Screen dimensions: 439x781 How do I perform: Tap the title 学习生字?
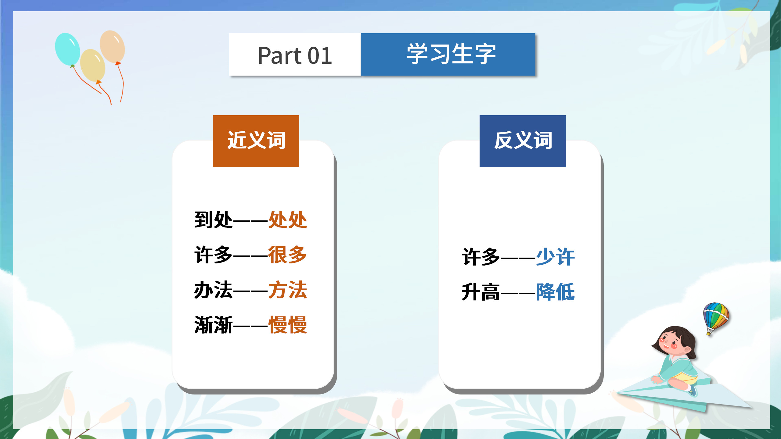451,54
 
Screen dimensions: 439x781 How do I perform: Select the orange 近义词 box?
256,141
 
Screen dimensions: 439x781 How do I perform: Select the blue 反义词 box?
523,141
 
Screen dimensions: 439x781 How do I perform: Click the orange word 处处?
287,220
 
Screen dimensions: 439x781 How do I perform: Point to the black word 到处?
214,220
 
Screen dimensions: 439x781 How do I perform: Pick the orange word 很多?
287,255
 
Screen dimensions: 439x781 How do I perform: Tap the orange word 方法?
287,290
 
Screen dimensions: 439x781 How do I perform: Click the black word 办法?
214,290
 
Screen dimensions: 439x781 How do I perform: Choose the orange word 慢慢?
287,325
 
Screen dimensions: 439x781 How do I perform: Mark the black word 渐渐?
214,325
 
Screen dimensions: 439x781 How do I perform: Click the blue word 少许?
555,257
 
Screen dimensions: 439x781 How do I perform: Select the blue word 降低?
555,292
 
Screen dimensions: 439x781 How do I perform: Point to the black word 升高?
481,292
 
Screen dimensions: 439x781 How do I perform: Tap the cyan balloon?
67,49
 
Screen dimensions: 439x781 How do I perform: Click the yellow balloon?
92,65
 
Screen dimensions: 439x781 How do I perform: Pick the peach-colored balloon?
112,46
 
